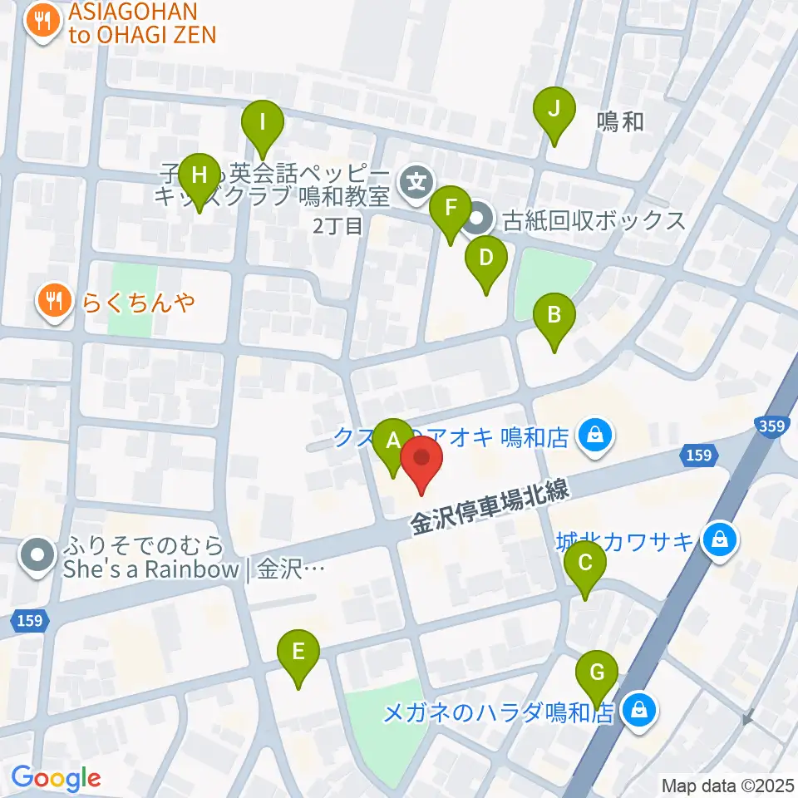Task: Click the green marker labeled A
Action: click(392, 441)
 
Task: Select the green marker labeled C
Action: click(585, 566)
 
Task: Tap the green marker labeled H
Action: click(199, 177)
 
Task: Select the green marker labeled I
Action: click(263, 125)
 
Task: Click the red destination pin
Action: click(422, 460)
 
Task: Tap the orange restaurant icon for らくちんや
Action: click(55, 300)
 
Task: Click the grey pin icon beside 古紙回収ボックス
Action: click(477, 221)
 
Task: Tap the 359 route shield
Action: click(770, 425)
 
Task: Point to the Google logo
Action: click(56, 779)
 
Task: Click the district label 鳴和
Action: click(620, 122)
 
